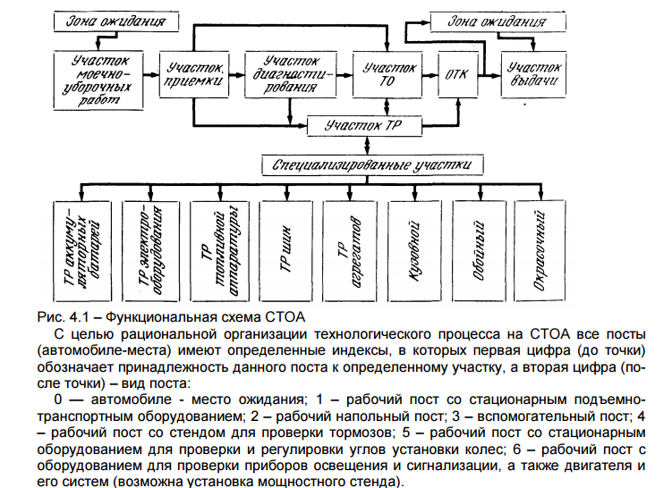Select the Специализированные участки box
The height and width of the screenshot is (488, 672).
coord(373,165)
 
